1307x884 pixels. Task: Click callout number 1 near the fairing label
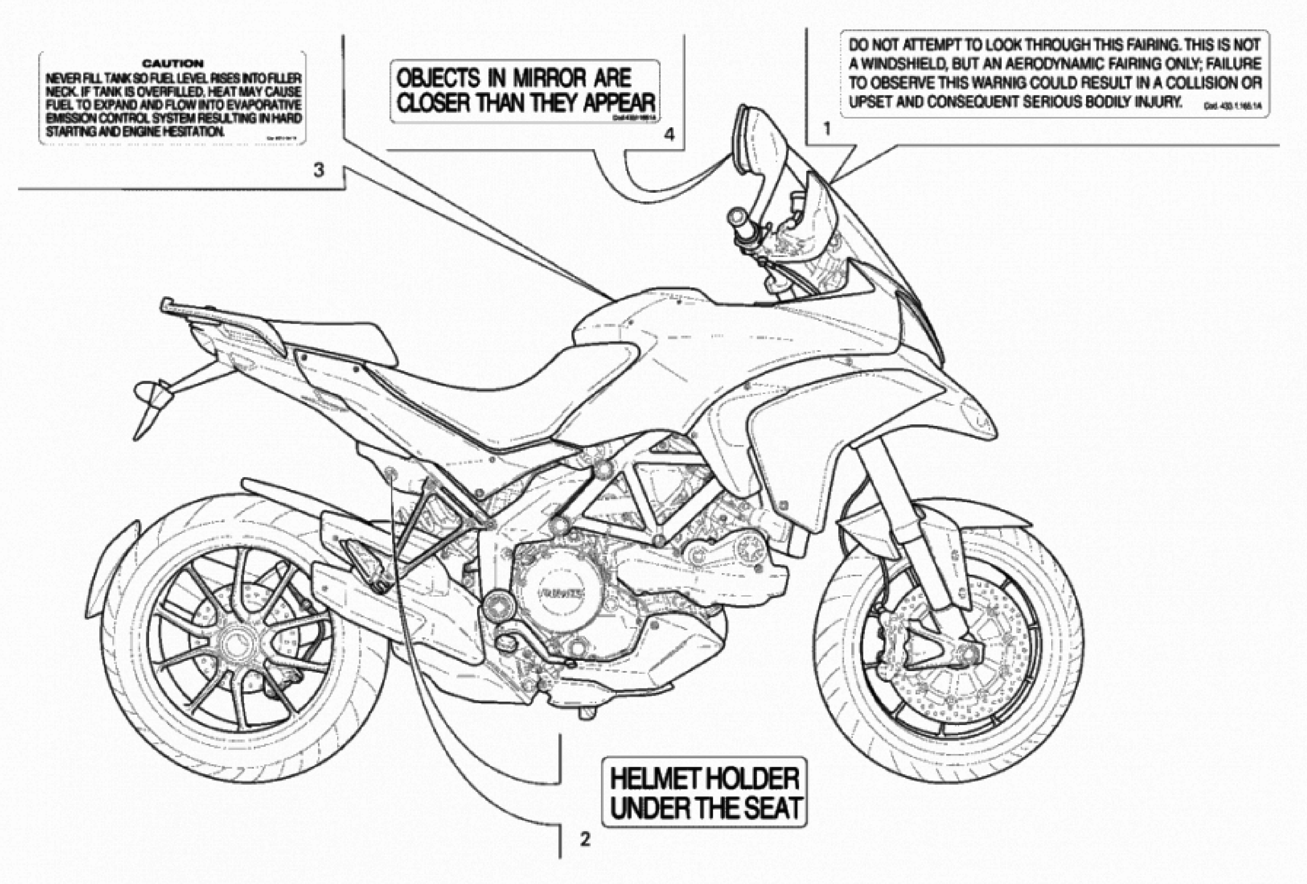[x=827, y=129]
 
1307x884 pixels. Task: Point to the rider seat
[x=506, y=394]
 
